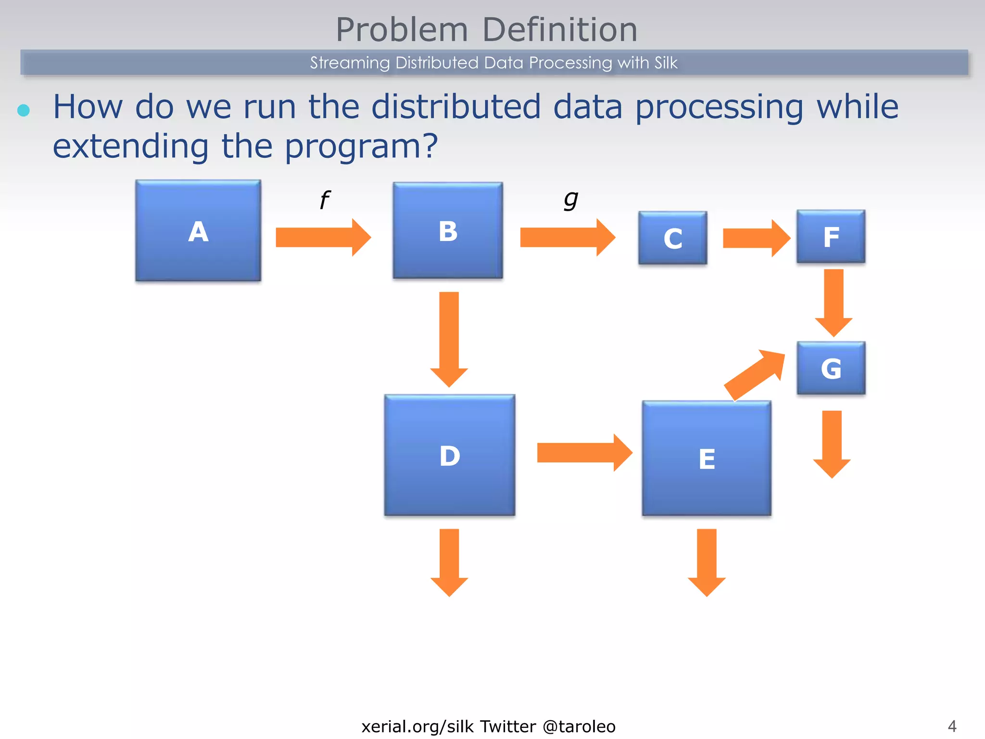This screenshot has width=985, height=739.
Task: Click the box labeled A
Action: [x=198, y=230]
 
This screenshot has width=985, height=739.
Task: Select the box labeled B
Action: [x=448, y=230]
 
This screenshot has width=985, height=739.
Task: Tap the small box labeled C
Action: [x=672, y=238]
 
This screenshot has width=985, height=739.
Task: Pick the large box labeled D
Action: [x=450, y=455]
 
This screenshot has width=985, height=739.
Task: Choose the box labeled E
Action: [x=707, y=458]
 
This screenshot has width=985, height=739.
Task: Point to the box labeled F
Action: [x=831, y=236]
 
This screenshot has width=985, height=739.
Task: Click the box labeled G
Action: [x=831, y=368]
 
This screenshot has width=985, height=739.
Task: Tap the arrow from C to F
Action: [x=756, y=238]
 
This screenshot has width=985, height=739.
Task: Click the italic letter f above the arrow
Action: [x=325, y=200]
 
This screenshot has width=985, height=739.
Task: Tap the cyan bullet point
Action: [x=24, y=110]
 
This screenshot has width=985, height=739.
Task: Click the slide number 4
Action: [x=952, y=726]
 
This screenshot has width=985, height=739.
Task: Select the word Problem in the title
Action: [x=402, y=30]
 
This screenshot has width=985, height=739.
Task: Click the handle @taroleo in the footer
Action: [x=579, y=726]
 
